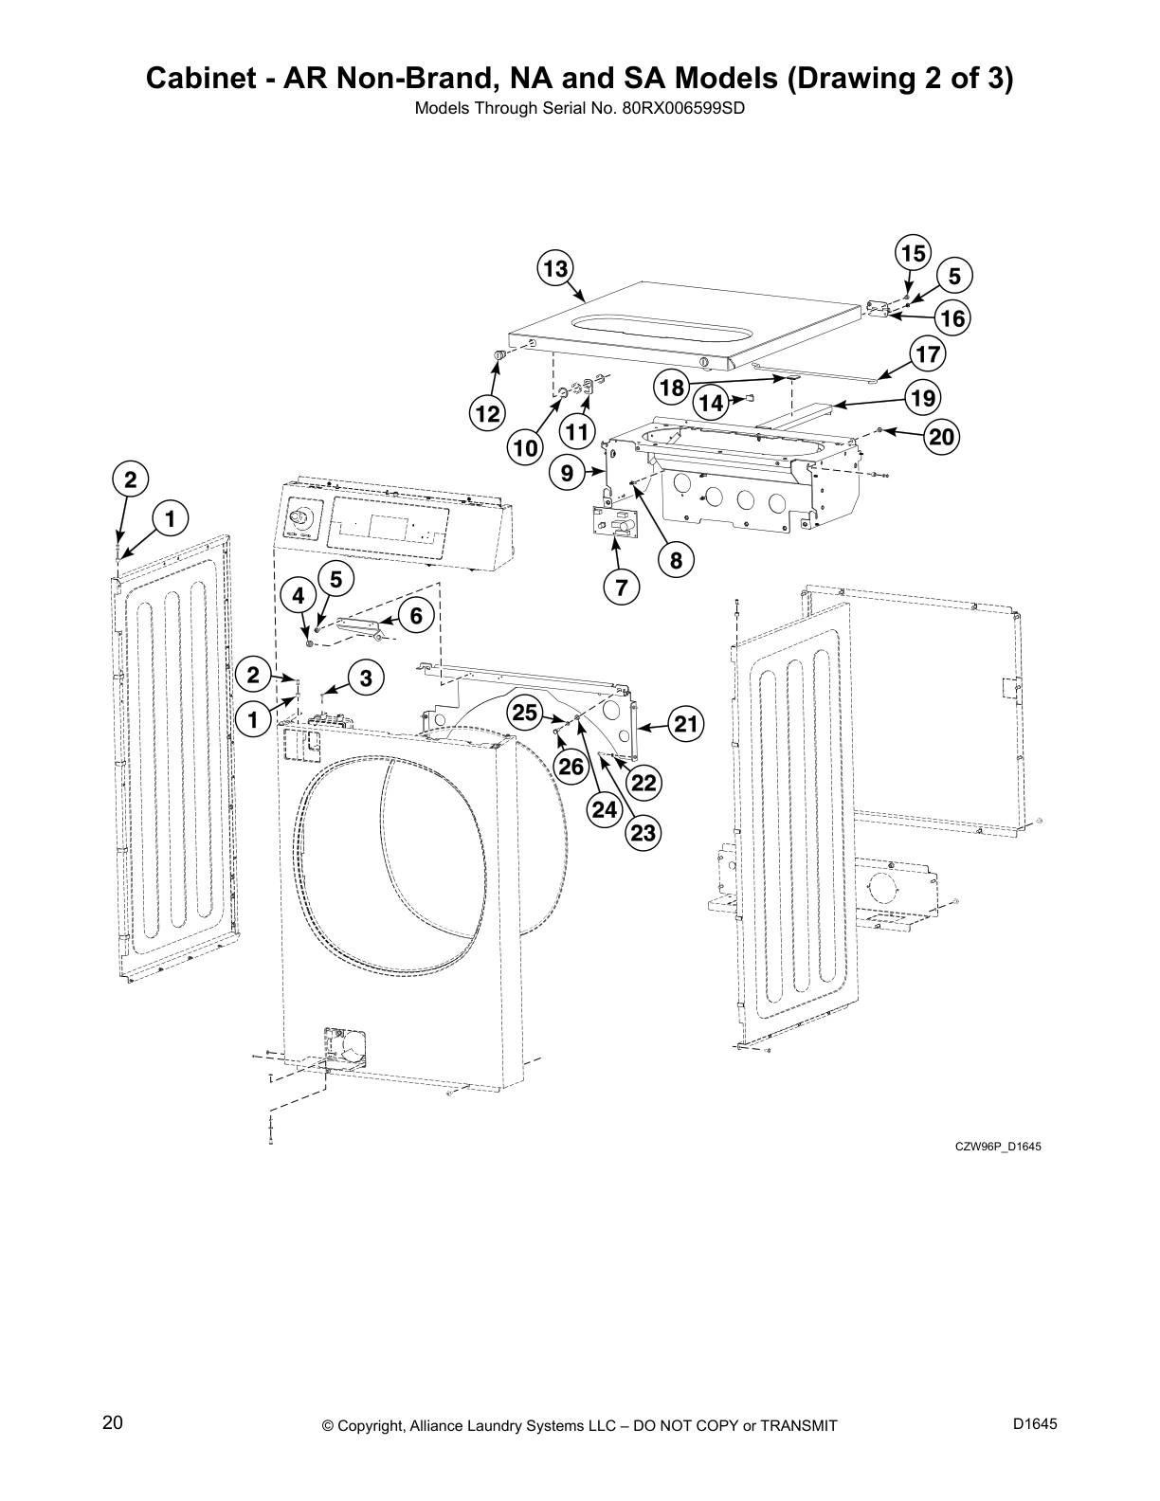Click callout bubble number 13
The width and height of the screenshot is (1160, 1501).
coord(555,268)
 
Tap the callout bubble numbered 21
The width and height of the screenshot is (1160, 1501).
coord(686,725)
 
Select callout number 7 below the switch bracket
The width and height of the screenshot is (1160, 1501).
coord(621,588)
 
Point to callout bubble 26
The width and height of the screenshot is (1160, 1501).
coord(571,766)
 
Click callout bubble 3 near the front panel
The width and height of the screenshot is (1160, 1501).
coord(366,678)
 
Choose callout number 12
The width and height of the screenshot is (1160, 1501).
coord(488,414)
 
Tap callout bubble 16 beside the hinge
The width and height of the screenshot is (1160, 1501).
coord(952,318)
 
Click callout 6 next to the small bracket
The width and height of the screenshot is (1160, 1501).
coord(416,615)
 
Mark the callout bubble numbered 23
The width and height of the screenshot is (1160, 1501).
coord(643,832)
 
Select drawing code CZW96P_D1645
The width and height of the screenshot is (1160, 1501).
coord(998,1147)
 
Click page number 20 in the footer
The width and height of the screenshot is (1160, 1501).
coord(113,1423)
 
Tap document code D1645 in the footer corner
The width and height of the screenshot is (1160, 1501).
coord(1035,1424)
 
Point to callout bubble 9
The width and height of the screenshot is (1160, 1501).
coord(567,471)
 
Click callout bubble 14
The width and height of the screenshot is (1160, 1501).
coord(711,403)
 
